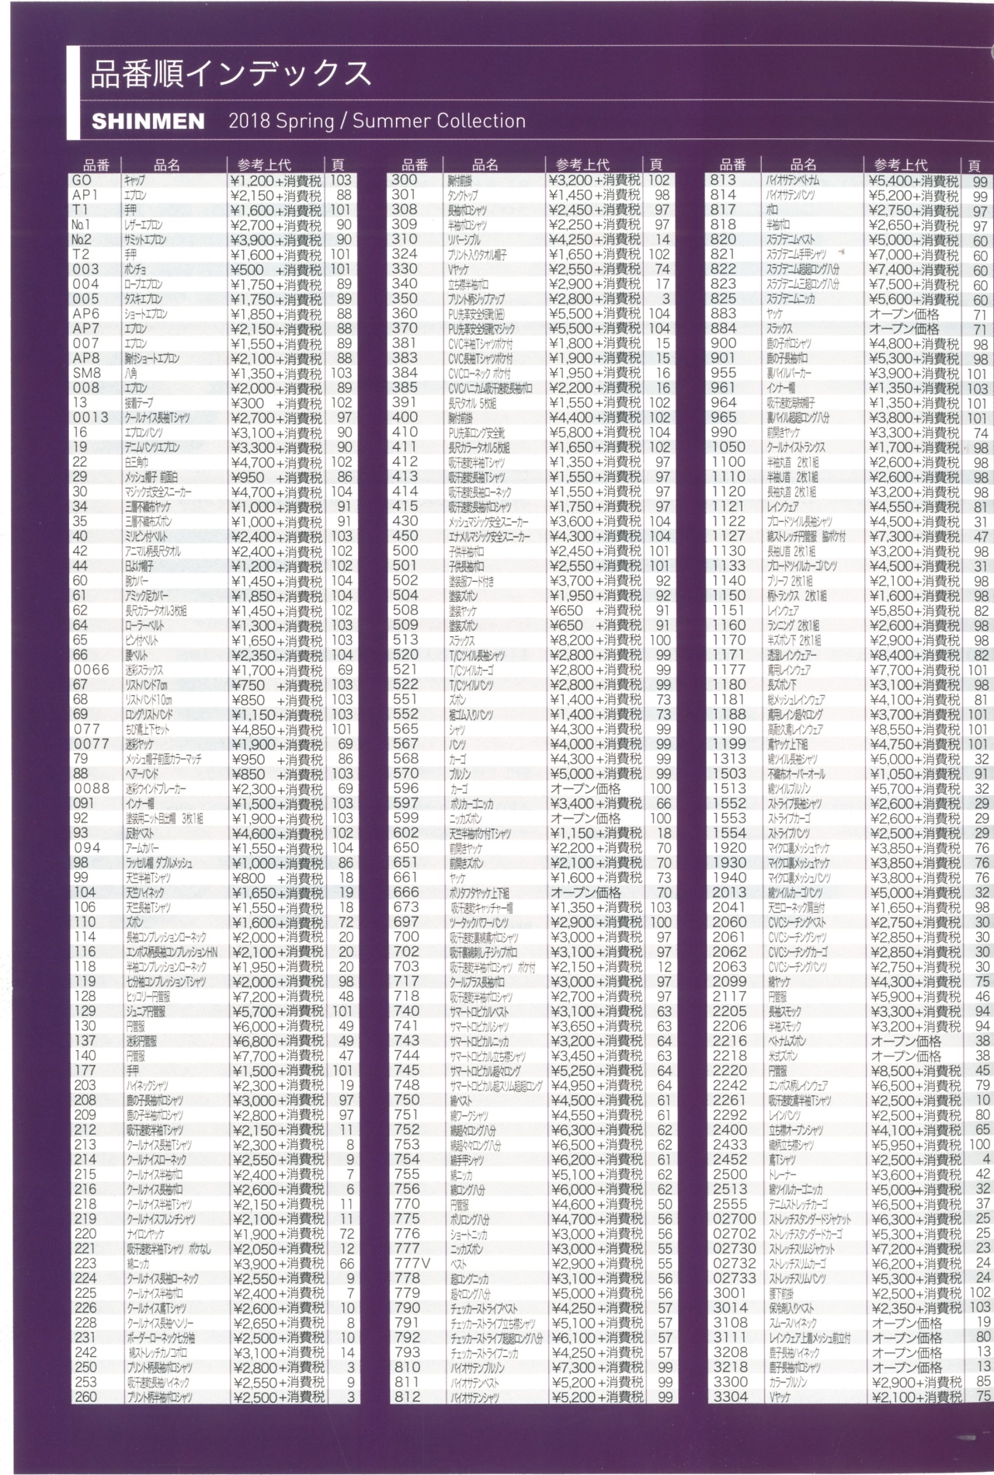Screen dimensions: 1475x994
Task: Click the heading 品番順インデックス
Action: pos(231,74)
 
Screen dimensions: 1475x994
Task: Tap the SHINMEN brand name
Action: pos(148,122)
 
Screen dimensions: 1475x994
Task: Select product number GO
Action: pos(81,180)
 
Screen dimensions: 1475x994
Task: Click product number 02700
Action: pos(734,1219)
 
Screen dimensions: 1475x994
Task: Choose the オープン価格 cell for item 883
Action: pos(904,314)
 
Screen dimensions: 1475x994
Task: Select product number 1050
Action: pos(728,447)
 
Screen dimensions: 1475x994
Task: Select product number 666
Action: pos(405,892)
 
